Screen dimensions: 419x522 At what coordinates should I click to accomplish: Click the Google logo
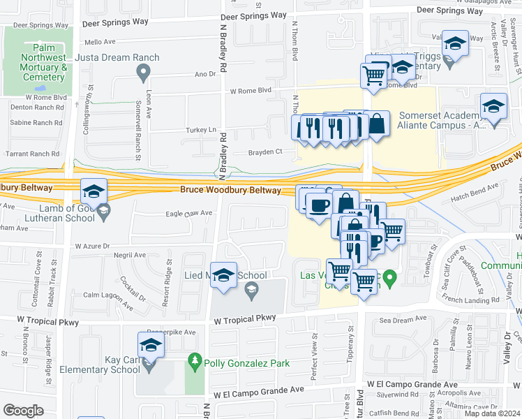(x=23, y=411)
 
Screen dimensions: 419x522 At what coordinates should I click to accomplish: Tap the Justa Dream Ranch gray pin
(x=144, y=71)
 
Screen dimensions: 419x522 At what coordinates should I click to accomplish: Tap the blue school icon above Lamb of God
(x=94, y=191)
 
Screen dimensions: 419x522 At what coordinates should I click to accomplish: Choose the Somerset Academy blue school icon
(x=493, y=106)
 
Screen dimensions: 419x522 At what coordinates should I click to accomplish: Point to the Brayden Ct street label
(x=265, y=152)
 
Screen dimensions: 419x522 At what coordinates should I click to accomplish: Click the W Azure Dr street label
(x=92, y=246)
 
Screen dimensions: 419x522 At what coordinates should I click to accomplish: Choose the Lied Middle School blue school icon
(x=224, y=274)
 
